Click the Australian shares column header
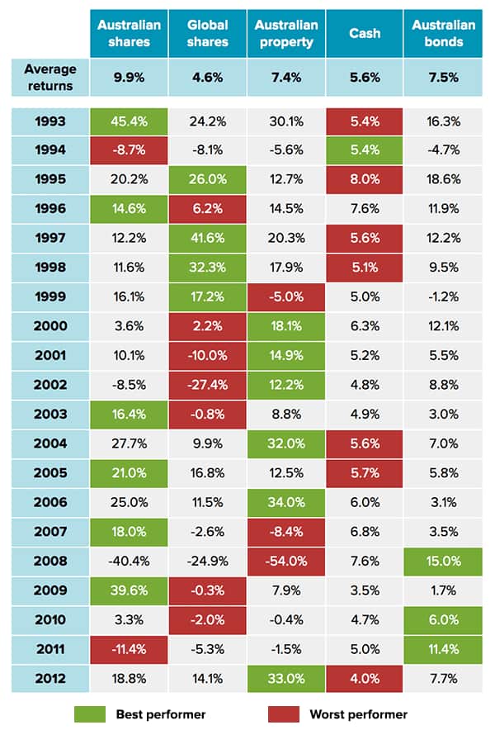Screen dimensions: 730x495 coord(129,34)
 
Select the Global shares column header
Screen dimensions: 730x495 coord(207,34)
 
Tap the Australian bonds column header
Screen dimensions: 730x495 coord(444,34)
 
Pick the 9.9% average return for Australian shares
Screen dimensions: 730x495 coord(129,78)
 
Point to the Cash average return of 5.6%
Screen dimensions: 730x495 coord(364,78)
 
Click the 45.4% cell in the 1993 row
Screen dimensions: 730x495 coord(129,121)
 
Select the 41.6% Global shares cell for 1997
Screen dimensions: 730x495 coord(207,238)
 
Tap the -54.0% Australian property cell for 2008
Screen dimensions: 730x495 coord(285,560)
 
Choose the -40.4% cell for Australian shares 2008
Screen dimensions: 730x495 coord(129,560)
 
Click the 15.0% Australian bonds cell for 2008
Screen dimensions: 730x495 coord(444,560)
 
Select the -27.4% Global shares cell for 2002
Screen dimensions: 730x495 coord(207,384)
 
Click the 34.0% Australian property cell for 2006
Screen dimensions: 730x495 coord(285,501)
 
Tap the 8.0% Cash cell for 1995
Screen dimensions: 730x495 coord(364,179)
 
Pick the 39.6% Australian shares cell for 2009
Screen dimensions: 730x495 coord(129,590)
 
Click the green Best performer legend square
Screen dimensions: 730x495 coord(86,713)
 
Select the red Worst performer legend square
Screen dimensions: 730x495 coord(281,713)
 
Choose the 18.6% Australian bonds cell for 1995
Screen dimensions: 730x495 coord(444,179)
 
